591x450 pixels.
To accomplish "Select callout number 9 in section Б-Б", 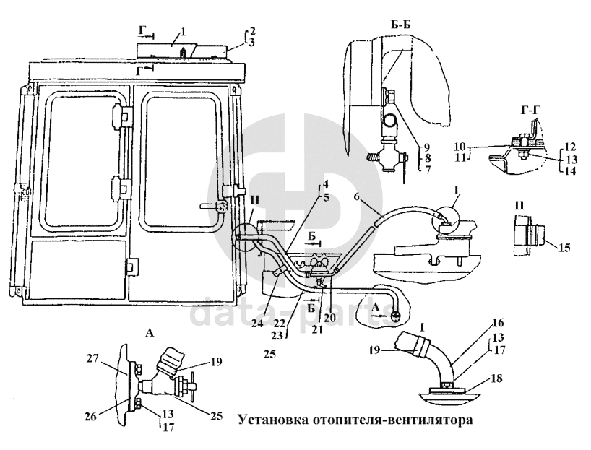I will (x=427, y=144).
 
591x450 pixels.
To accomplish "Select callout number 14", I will (x=573, y=173).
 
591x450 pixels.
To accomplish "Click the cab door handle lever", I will (x=215, y=206).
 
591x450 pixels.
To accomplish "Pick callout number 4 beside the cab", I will (x=326, y=183).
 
